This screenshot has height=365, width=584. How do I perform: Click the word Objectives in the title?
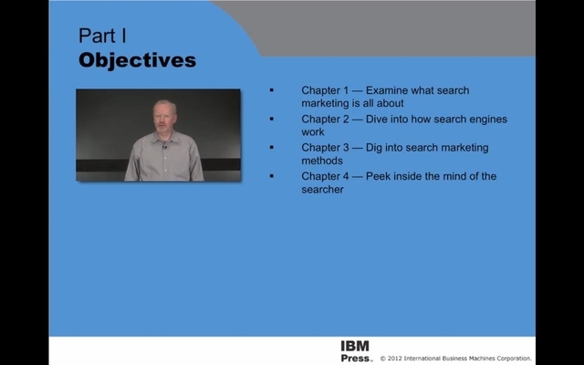click(138, 60)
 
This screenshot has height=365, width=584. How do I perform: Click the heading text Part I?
click(102, 36)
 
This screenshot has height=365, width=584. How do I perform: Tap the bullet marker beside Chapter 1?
click(272, 90)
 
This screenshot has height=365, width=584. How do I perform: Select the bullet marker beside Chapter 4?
click(272, 176)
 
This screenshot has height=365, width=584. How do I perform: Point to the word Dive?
click(377, 120)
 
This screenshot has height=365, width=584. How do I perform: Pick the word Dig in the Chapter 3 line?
click(374, 148)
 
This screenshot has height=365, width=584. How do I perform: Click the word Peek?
click(377, 176)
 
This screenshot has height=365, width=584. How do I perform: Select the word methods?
click(322, 161)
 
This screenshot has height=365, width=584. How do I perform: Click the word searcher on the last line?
click(322, 189)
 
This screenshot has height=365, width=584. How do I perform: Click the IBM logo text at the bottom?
click(355, 346)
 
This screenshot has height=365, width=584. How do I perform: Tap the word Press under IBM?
click(356, 358)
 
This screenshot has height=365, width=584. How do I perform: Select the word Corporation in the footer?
click(512, 359)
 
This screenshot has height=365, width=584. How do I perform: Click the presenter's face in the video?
click(164, 118)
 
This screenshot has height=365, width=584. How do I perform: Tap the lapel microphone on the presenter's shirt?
click(164, 148)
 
